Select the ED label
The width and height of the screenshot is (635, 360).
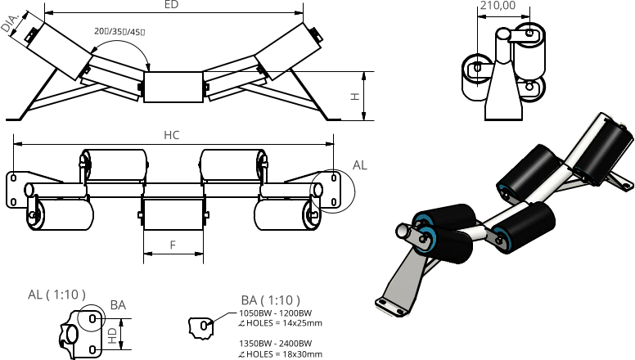171,5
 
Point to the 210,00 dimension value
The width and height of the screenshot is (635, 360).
498,6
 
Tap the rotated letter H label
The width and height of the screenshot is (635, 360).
355,97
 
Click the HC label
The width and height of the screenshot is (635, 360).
171,135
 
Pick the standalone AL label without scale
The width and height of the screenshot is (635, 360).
359,165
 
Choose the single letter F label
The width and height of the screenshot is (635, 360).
173,245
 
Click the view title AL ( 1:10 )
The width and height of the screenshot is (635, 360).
56,295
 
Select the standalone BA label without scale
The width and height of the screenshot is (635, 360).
118,305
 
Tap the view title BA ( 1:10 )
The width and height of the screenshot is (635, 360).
270,300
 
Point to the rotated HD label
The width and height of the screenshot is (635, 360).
113,335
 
